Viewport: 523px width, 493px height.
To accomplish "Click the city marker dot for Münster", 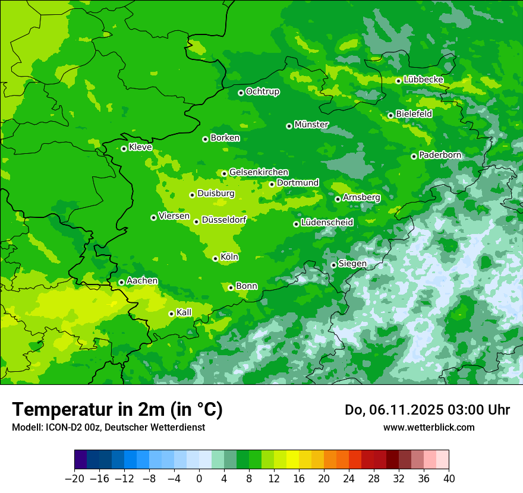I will click(x=289, y=126).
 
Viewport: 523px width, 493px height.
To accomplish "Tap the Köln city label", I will click(x=229, y=257).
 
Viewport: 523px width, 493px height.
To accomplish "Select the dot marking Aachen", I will click(x=121, y=282).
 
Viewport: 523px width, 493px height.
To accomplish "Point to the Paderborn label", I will click(x=440, y=155).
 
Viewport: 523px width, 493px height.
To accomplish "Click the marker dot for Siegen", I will click(x=333, y=265).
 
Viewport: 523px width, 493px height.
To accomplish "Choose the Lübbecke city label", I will click(x=423, y=80).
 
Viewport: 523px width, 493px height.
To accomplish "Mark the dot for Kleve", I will click(x=124, y=148).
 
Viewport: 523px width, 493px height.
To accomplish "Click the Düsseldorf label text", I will click(x=224, y=220).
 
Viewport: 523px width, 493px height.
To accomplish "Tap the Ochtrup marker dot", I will click(x=241, y=93).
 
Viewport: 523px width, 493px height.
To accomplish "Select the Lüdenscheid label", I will click(x=327, y=223).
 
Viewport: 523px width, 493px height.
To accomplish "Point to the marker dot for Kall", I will click(x=171, y=314).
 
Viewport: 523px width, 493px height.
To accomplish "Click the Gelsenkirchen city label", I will click(x=259, y=172).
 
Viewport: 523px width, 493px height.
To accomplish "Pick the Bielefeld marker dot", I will click(x=390, y=115).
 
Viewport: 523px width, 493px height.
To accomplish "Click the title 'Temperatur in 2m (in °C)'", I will click(x=117, y=410).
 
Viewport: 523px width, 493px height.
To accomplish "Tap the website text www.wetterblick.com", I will click(x=429, y=427).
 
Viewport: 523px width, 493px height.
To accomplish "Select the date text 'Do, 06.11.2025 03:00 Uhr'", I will click(x=427, y=410).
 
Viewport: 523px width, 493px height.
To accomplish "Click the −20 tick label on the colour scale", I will click(x=74, y=479).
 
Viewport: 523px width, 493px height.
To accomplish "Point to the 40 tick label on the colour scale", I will click(x=449, y=479).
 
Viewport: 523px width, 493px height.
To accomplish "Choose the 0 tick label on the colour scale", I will click(x=199, y=479).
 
